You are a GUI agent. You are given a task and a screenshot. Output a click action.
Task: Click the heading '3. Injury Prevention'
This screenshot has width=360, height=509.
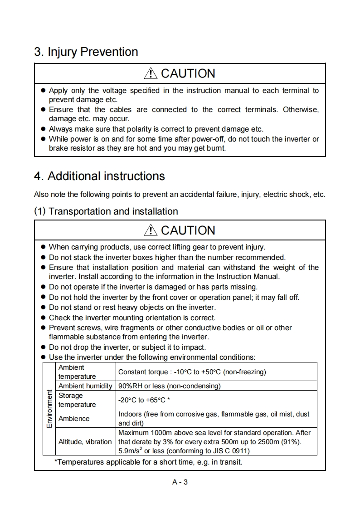86,52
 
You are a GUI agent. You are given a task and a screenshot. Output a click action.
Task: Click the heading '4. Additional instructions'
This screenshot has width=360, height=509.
100,176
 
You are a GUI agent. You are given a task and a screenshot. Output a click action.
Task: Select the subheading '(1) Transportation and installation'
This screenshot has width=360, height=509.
106,211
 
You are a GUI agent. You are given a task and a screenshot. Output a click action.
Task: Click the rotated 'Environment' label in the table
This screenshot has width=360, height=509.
49,409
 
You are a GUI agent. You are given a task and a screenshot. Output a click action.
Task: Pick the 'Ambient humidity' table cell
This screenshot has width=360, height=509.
85,386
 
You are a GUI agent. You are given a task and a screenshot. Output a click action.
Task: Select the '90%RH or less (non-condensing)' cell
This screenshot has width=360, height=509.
169,386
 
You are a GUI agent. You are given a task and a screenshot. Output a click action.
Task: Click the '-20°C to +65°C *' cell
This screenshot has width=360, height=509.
144,400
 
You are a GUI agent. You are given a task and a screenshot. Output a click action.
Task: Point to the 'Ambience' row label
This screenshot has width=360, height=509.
74,419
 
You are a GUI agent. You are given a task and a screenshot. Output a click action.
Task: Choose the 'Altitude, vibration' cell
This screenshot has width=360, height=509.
85,441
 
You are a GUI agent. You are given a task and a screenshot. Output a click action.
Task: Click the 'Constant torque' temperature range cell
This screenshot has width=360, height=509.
192,372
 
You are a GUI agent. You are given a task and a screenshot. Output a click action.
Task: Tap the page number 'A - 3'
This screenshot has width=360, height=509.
180,482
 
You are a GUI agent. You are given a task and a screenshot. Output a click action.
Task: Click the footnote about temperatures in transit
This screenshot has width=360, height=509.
148,463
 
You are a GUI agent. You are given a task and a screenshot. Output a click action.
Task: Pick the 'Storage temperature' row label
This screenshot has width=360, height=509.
77,400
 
